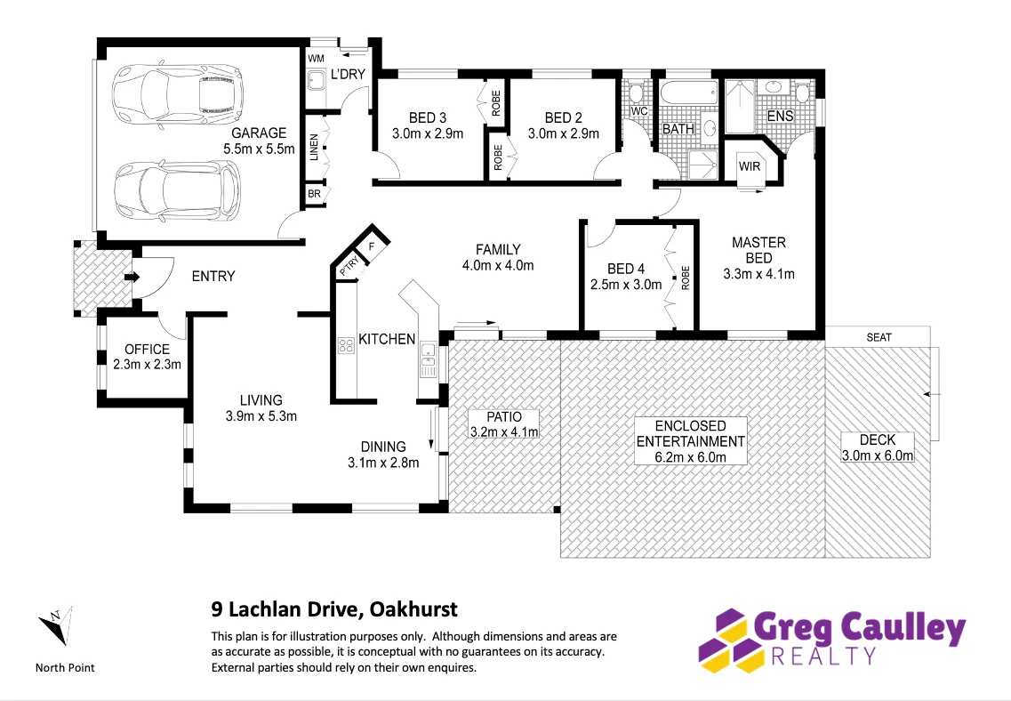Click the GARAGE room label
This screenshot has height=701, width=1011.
(x=259, y=133)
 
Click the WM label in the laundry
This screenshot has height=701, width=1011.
(x=316, y=59)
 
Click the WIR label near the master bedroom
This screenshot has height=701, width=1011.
(x=750, y=166)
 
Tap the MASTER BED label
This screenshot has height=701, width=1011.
(x=758, y=249)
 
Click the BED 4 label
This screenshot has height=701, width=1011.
(x=626, y=269)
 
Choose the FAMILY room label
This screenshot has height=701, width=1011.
(x=497, y=249)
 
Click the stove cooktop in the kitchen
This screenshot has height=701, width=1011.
(x=345, y=345)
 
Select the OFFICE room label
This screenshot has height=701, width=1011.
(x=147, y=349)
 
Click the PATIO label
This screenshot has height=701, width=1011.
(x=503, y=415)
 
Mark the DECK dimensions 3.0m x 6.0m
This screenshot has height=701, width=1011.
(x=877, y=455)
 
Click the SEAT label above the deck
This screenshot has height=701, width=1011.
(x=878, y=337)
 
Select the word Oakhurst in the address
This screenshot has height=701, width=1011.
(x=413, y=609)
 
